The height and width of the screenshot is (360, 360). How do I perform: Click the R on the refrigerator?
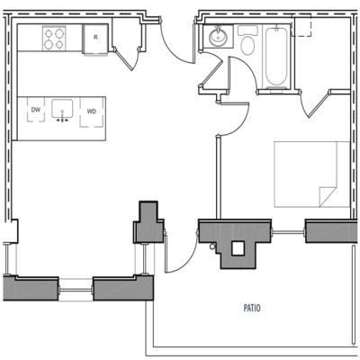click(x=94, y=38)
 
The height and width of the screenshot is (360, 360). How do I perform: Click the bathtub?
click(x=274, y=56)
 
